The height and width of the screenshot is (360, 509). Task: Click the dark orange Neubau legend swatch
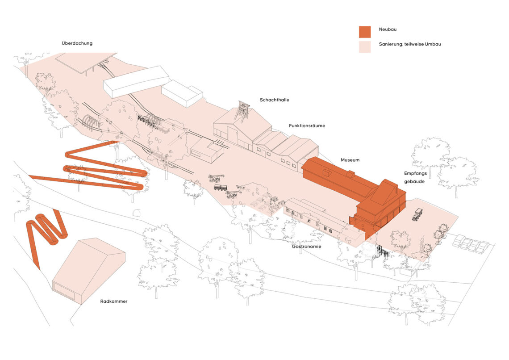point(365,32)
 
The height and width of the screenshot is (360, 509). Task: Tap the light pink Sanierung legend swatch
point(365,47)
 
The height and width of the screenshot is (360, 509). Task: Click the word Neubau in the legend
point(388,29)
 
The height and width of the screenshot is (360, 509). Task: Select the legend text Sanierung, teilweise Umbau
point(410,44)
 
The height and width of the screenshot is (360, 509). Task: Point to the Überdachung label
point(77,43)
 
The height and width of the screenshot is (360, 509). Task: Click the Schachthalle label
point(274,100)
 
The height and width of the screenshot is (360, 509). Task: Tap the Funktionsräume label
point(307,126)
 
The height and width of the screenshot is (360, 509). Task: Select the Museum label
point(350,160)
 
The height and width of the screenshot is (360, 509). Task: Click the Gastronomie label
point(306,247)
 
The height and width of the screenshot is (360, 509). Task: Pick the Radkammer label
point(113,301)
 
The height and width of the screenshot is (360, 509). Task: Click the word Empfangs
point(415,174)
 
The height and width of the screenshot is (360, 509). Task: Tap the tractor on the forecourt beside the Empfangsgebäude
point(417,214)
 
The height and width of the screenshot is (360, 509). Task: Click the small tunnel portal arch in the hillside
point(137,213)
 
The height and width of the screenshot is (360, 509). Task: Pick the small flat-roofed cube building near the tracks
point(206,149)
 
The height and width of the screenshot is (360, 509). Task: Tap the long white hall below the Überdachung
point(136,82)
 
